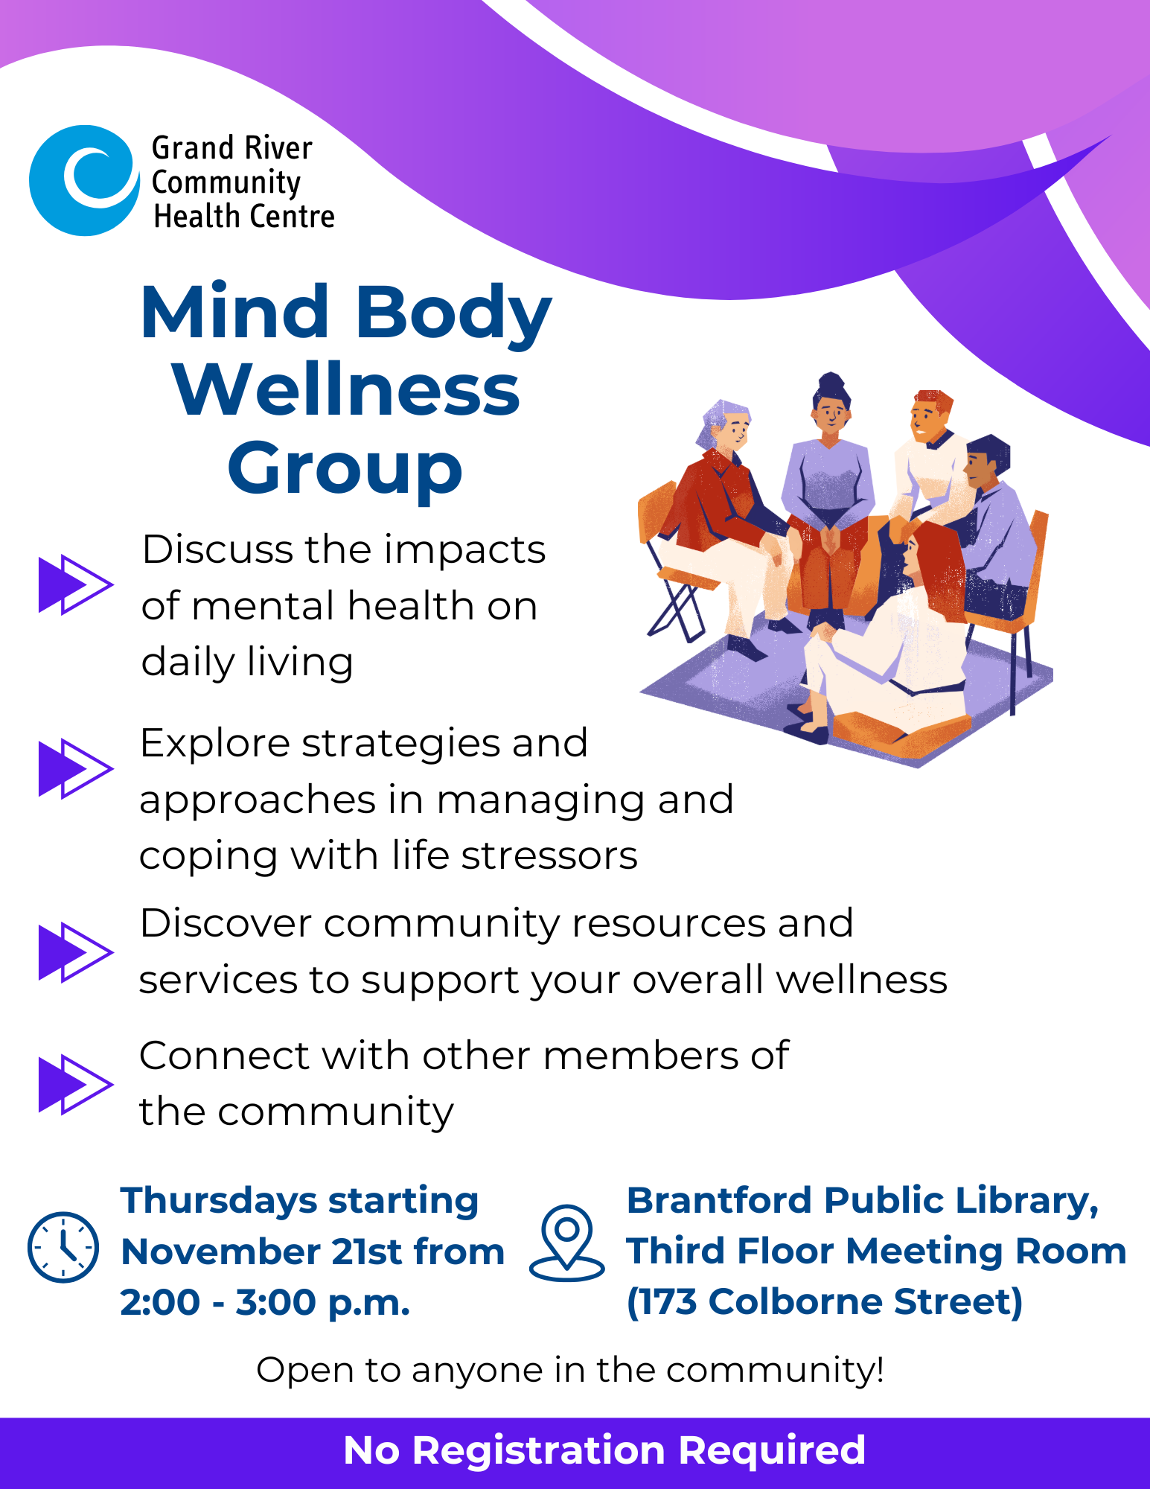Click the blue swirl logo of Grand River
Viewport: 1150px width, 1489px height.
pyautogui.click(x=84, y=180)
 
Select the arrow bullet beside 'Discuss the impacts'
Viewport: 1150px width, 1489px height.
pyautogui.click(x=76, y=584)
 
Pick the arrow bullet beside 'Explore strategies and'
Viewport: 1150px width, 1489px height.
pyautogui.click(x=76, y=769)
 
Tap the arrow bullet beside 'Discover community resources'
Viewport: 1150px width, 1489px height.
pyautogui.click(x=76, y=952)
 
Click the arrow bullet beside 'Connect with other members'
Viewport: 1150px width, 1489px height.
pyautogui.click(x=76, y=1084)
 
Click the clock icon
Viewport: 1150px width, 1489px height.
pyautogui.click(x=63, y=1247)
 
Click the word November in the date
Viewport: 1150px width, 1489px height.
pyautogui.click(x=221, y=1252)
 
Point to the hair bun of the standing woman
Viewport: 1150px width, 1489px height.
pyautogui.click(x=831, y=383)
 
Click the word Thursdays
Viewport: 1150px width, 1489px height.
pyautogui.click(x=219, y=1202)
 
